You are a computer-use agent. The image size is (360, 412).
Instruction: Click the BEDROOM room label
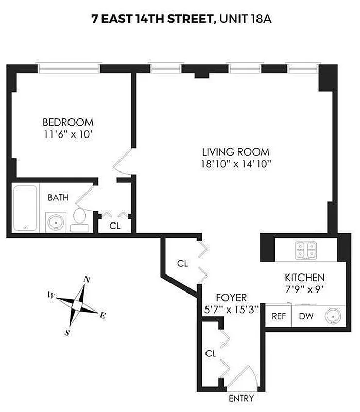68,123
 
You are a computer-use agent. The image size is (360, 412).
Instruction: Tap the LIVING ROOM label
236,152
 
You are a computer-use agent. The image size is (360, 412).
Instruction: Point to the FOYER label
231,298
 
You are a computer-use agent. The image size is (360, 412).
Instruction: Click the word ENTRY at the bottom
241,399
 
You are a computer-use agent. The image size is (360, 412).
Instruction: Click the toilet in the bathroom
80,217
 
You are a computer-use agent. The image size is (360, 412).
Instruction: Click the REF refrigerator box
279,316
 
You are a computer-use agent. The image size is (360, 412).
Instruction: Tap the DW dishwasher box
305,316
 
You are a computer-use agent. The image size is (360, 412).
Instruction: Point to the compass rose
77,305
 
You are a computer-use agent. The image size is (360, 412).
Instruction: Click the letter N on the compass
88,280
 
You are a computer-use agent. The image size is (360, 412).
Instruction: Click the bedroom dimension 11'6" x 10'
68,134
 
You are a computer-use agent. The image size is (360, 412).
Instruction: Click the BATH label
56,197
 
